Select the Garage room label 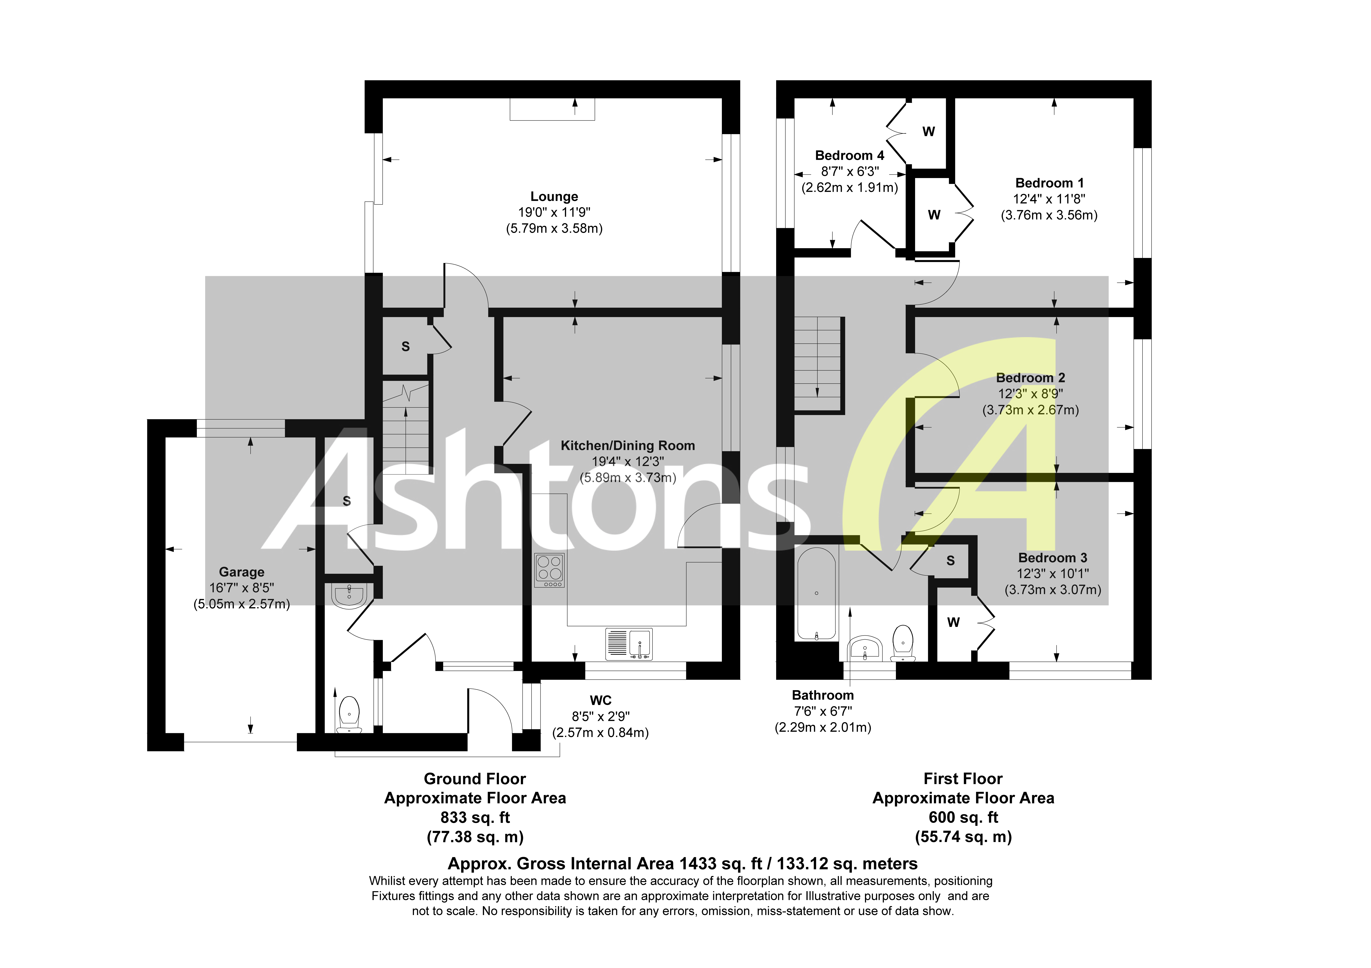tap(241, 572)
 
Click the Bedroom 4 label tap(849, 155)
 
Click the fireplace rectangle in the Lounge tap(552, 109)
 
